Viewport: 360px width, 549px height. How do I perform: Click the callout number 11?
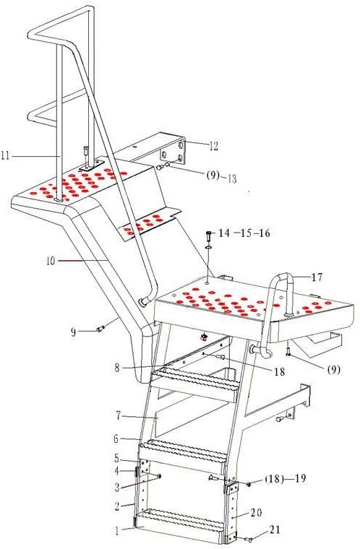tap(5, 155)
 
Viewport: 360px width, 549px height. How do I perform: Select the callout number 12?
tap(213, 146)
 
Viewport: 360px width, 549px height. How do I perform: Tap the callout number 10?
tap(51, 261)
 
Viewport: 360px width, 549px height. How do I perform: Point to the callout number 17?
tap(317, 277)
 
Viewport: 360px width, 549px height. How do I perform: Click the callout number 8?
tap(117, 368)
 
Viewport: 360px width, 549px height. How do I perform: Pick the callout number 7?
tap(119, 416)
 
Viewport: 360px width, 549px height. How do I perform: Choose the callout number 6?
tap(116, 438)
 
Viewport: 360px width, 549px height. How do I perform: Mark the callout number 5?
tap(116, 458)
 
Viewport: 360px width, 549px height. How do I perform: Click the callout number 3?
tap(117, 487)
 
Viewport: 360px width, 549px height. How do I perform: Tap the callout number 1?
tap(117, 531)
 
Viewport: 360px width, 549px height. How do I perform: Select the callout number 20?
tap(256, 513)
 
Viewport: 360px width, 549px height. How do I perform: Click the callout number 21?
tap(275, 529)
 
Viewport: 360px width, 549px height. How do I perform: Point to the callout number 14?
tap(224, 233)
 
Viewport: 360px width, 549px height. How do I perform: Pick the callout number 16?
tap(265, 233)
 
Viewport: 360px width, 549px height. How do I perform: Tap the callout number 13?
tap(231, 178)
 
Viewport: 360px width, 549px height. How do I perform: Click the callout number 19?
tap(301, 478)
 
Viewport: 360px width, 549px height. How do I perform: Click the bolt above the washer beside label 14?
tap(209, 235)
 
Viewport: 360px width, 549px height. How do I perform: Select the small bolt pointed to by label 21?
tap(250, 540)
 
